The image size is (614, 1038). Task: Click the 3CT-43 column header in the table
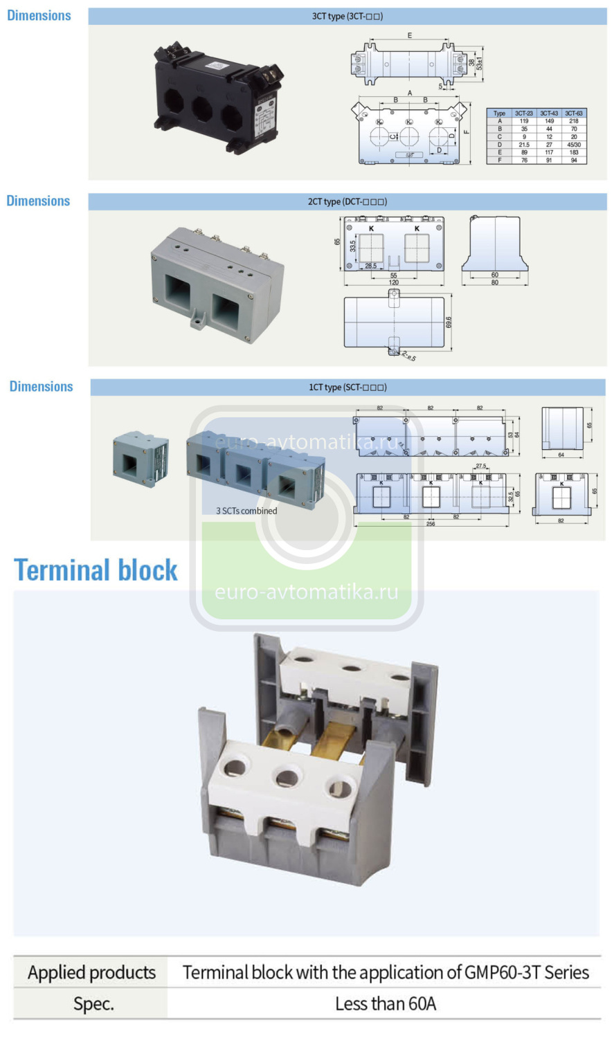pyautogui.click(x=549, y=113)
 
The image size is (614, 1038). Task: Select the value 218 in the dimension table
pyautogui.click(x=574, y=121)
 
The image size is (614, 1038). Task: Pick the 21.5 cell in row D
pyautogui.click(x=524, y=145)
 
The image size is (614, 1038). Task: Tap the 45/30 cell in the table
pyautogui.click(x=574, y=145)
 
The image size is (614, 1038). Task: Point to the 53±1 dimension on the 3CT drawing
pyautogui.click(x=480, y=63)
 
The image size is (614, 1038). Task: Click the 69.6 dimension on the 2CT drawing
pyautogui.click(x=449, y=322)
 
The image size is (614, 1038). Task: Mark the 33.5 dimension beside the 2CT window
pyautogui.click(x=352, y=246)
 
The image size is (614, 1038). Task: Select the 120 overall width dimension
pyautogui.click(x=393, y=282)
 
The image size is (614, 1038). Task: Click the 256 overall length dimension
pyautogui.click(x=431, y=524)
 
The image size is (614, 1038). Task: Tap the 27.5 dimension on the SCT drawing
pyautogui.click(x=480, y=466)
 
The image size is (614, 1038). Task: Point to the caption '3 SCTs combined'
pyautogui.click(x=246, y=511)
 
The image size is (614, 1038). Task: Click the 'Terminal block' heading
pyautogui.click(x=96, y=570)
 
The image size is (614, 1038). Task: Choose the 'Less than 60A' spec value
pyautogui.click(x=386, y=1003)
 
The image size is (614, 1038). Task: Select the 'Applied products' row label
pyautogui.click(x=91, y=972)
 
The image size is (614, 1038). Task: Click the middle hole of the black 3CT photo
pyautogui.click(x=202, y=109)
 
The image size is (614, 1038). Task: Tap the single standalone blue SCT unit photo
pyautogui.click(x=141, y=459)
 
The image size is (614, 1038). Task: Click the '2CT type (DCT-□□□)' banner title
pyautogui.click(x=347, y=201)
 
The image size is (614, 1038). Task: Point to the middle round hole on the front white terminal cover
pyautogui.click(x=287, y=779)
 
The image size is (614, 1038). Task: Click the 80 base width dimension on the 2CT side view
pyautogui.click(x=494, y=282)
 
